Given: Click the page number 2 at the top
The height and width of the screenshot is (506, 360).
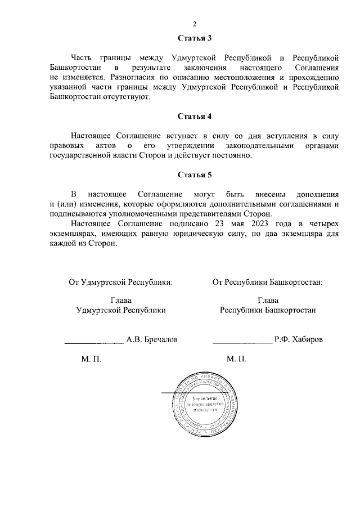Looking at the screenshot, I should point(194,24).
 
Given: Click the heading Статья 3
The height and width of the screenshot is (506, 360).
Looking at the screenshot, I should point(194,39).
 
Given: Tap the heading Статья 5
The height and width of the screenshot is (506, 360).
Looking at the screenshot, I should point(194,174).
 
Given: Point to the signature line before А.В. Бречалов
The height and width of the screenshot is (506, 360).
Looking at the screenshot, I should point(94,342).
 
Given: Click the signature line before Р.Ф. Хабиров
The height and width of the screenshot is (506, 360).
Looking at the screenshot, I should point(242,342).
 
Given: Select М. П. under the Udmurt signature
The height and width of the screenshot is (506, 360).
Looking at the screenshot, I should point(91,359).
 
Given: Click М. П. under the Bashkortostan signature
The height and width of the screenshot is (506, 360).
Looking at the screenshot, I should point(236,359).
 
